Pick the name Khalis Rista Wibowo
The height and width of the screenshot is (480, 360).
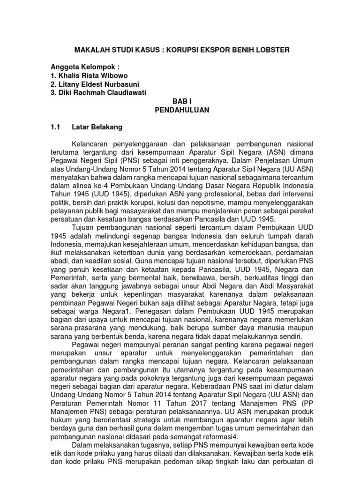pos(88,75)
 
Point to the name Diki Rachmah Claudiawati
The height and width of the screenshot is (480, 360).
pos(98,92)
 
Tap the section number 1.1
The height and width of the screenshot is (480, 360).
pos(56,127)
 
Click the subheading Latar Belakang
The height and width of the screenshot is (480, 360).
pos(97,127)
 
